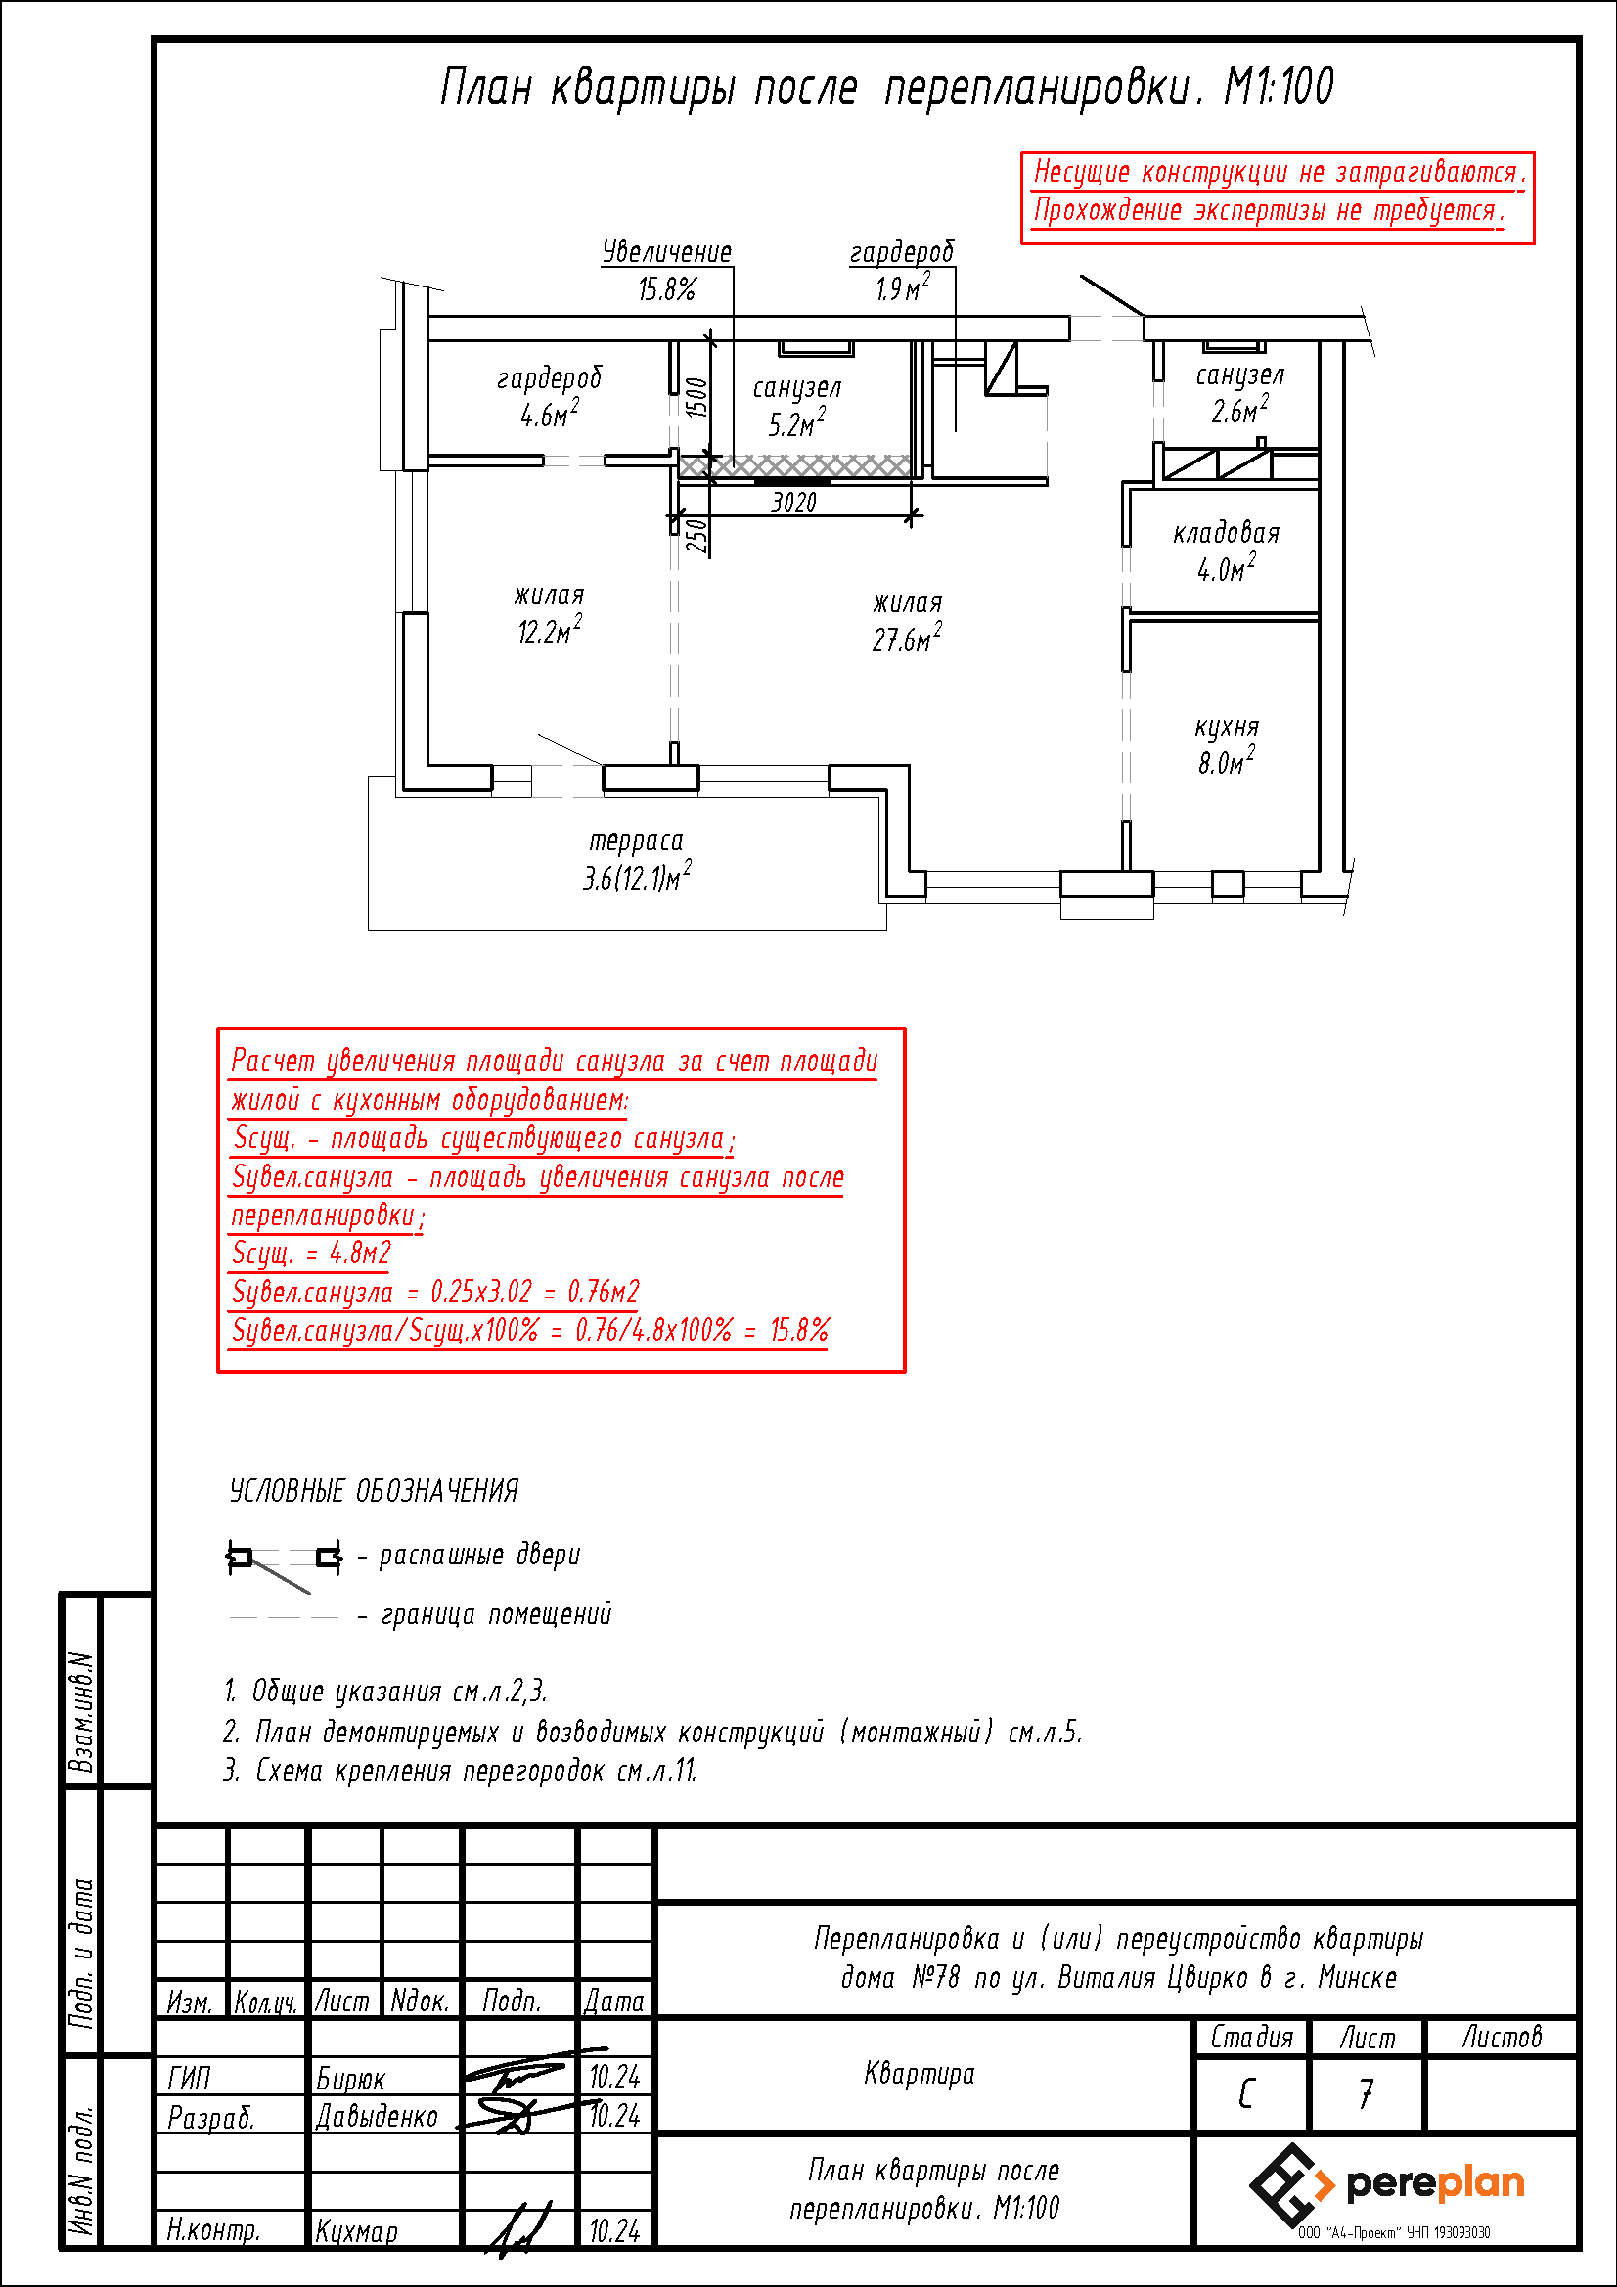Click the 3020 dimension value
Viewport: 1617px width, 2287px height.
pyautogui.click(x=794, y=502)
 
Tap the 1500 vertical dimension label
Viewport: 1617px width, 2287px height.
pyautogui.click(x=697, y=397)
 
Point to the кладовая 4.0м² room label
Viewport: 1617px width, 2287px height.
pyautogui.click(x=1227, y=550)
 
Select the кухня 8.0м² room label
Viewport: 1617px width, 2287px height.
pyautogui.click(x=1227, y=745)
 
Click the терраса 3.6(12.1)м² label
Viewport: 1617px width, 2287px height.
pyautogui.click(x=637, y=859)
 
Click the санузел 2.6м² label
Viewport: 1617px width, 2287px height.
pyautogui.click(x=1239, y=392)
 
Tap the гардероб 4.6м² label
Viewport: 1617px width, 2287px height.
pyautogui.click(x=549, y=396)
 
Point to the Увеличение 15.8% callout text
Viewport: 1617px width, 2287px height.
pyautogui.click(x=666, y=270)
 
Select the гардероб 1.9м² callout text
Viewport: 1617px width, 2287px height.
pyautogui.click(x=902, y=270)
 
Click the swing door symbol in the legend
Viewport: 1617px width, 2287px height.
pyautogui.click(x=285, y=1560)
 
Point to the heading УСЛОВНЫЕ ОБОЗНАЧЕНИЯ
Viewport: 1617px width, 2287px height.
pyautogui.click(x=374, y=1491)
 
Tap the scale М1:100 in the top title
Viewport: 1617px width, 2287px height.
pyautogui.click(x=1279, y=87)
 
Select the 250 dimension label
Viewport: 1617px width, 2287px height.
pyautogui.click(x=697, y=536)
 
